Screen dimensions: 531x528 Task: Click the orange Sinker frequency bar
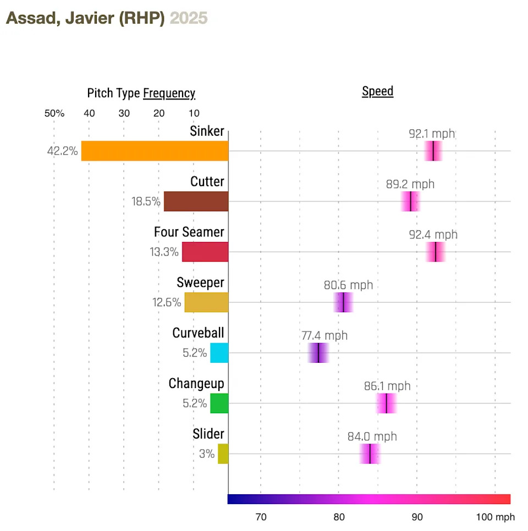[x=155, y=151]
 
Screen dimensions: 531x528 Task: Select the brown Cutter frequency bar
[x=196, y=201]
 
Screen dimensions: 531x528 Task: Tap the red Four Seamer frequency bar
[x=205, y=252]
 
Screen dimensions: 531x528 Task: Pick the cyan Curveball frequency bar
[x=219, y=353]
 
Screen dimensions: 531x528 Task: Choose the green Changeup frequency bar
[x=219, y=403]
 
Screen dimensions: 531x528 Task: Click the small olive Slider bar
[x=223, y=454]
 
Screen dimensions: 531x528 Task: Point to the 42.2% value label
[x=62, y=151]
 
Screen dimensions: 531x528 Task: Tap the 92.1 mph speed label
[x=432, y=134]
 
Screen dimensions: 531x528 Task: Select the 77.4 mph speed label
[x=324, y=336]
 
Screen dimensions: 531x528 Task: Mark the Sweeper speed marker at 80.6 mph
[x=343, y=302]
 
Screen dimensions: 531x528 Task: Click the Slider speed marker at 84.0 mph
[x=370, y=454]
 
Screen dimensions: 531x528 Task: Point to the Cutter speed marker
[x=410, y=201]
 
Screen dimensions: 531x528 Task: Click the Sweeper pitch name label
[x=200, y=283]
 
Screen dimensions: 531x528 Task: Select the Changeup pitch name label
[x=196, y=384]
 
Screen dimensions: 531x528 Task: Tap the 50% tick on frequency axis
[x=54, y=114]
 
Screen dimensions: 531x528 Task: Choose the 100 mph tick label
[x=495, y=517]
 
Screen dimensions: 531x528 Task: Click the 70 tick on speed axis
[x=261, y=517]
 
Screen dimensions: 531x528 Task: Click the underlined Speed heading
[x=377, y=91]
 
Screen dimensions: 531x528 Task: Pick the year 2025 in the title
[x=189, y=18]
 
